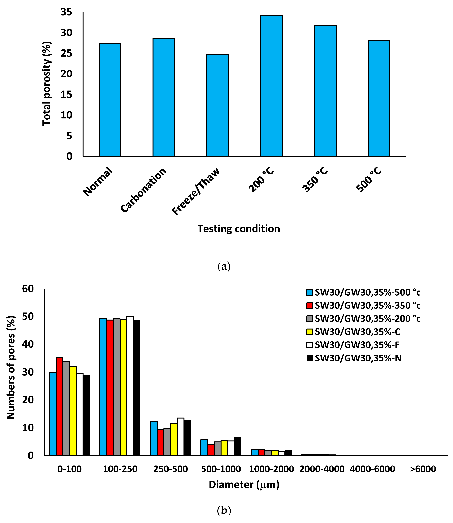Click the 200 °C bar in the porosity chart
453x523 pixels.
(271, 86)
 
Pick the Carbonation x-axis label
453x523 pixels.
(143, 190)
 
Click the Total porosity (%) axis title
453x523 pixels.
(47, 83)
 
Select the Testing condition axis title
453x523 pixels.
(239, 229)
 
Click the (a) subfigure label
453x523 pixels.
(224, 267)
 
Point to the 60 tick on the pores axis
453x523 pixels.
(28, 289)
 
